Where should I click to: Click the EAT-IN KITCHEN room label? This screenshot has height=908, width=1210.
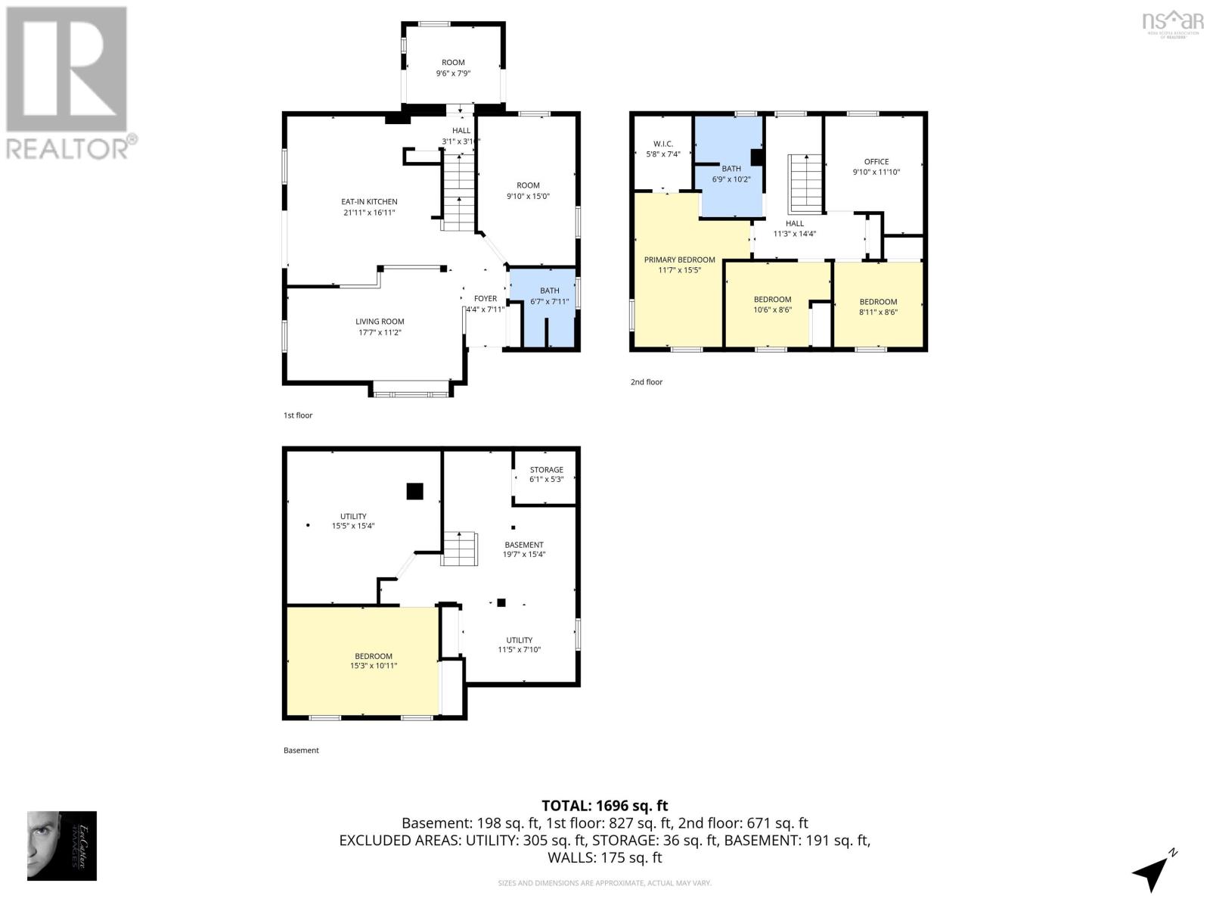(369, 202)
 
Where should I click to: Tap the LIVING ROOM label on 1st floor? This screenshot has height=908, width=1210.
(380, 322)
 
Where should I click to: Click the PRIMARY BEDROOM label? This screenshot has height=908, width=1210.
(679, 260)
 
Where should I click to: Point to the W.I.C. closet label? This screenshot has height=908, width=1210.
(662, 144)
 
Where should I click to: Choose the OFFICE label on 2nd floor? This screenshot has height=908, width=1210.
(876, 161)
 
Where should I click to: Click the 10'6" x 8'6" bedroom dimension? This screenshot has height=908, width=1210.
(772, 309)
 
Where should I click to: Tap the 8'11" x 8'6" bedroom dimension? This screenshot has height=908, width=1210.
(878, 312)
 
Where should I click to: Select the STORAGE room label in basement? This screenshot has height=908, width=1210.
(546, 470)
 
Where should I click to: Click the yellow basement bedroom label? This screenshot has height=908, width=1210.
(374, 656)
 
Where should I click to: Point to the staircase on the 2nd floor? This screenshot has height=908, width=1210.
(806, 184)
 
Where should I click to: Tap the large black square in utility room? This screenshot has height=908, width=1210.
(414, 491)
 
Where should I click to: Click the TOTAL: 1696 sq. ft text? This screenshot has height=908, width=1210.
(604, 806)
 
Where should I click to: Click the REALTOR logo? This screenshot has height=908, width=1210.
(68, 83)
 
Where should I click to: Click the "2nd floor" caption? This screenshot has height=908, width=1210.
(646, 382)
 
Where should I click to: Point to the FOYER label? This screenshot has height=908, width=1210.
(486, 299)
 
